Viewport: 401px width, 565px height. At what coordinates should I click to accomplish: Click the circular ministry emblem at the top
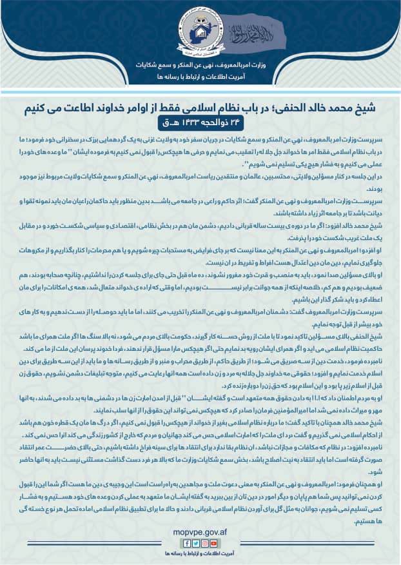[200, 29]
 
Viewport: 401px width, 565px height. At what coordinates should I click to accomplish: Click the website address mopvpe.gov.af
[200, 533]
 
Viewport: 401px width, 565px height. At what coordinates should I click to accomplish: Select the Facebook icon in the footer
[186, 544]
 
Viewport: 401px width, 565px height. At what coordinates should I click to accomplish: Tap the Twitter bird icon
[196, 544]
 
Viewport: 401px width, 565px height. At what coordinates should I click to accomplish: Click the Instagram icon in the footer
[205, 544]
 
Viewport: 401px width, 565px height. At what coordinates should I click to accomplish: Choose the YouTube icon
[215, 544]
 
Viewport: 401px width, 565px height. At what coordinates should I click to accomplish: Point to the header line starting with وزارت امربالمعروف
[200, 65]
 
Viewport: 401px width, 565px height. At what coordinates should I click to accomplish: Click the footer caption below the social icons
[200, 553]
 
